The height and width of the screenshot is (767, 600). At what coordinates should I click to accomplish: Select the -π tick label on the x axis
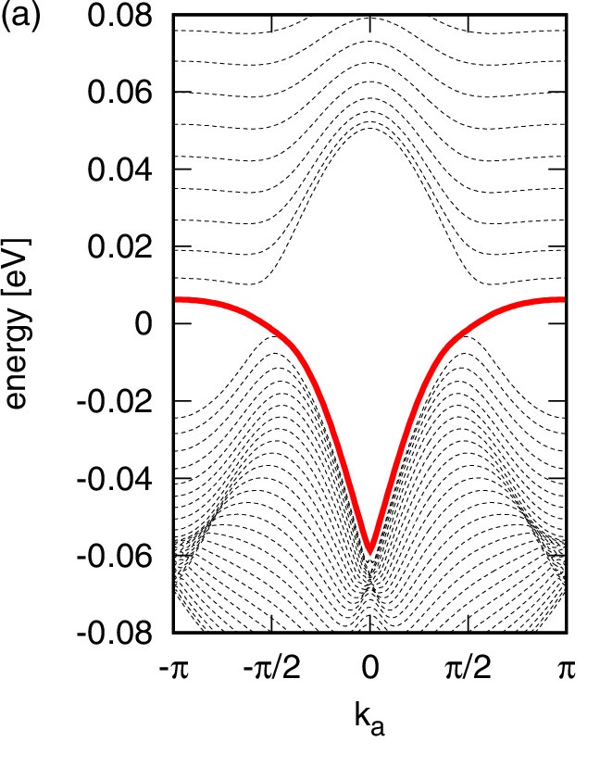[x=174, y=669]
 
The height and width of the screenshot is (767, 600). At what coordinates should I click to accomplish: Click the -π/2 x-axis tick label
[x=271, y=669]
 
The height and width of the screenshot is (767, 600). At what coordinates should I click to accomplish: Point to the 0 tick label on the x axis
[x=370, y=669]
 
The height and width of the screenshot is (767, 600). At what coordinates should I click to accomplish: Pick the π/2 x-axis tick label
[x=468, y=669]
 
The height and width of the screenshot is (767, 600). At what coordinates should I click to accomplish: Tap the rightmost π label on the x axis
[x=566, y=669]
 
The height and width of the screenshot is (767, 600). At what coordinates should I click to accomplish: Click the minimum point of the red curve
[x=370, y=551]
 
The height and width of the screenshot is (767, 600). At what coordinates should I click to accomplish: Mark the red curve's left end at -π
[x=176, y=299]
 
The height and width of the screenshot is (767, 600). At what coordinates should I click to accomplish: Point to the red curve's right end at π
[x=564, y=299]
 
